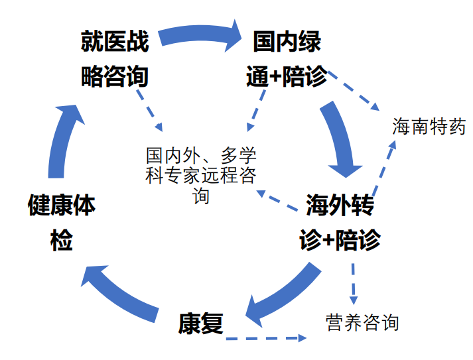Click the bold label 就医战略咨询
tap(114, 59)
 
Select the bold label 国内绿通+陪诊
tap(287, 59)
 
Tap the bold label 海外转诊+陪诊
tap(340, 222)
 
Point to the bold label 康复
tap(200, 323)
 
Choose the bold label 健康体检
tap(61, 222)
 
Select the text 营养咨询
tap(362, 322)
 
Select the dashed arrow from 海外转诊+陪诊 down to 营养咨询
tap(354, 282)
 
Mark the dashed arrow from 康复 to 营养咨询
tap(265, 338)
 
